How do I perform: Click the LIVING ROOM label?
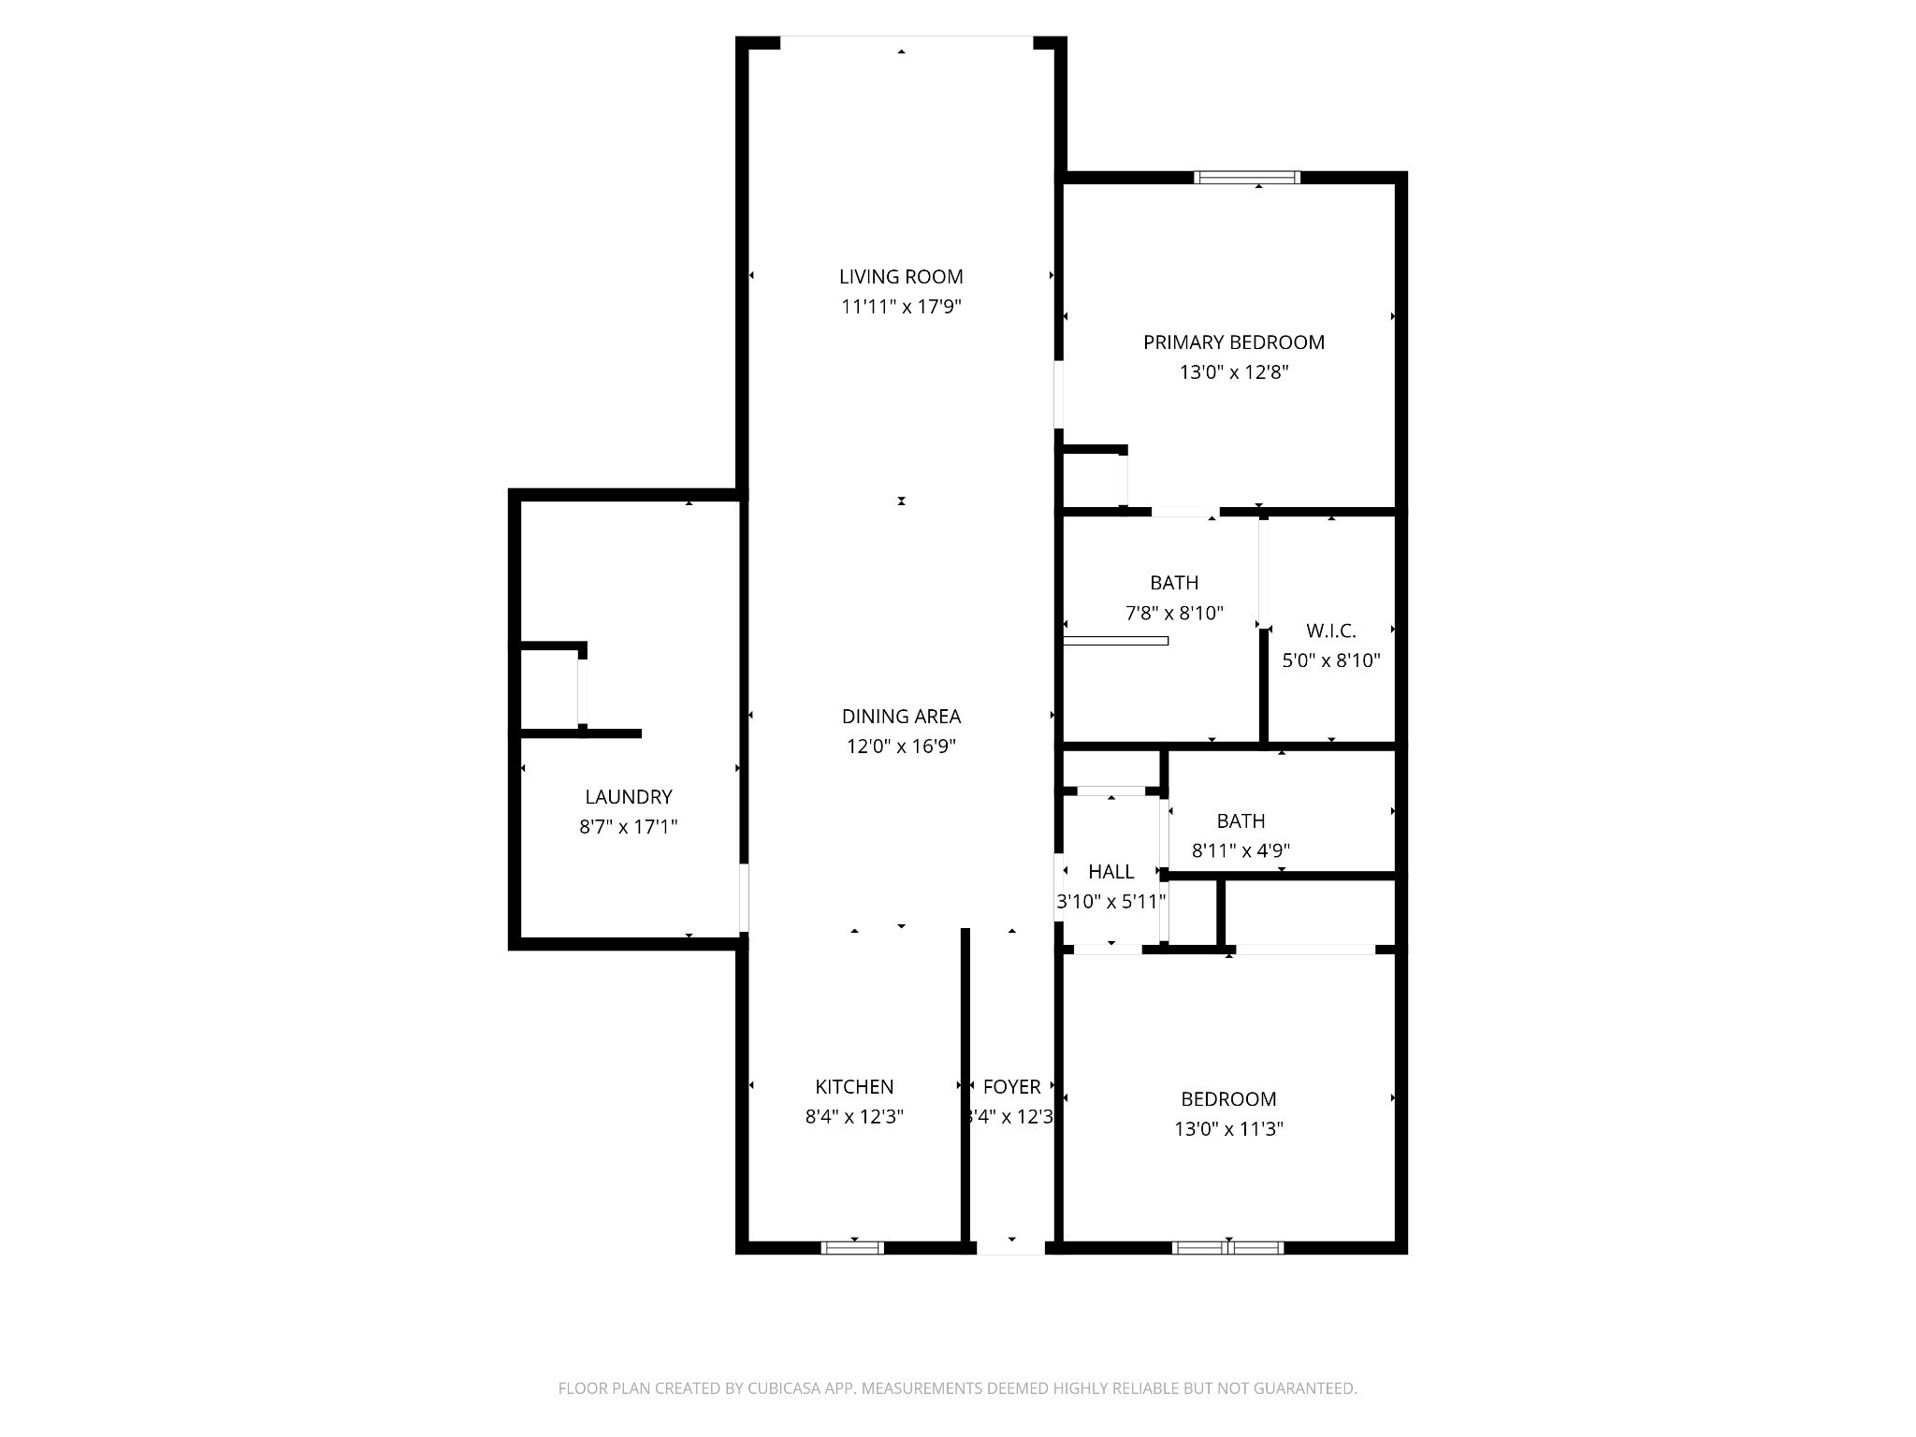pos(900,277)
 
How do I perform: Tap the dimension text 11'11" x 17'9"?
pos(900,307)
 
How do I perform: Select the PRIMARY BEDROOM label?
pos(1233,342)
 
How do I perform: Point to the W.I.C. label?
pos(1330,631)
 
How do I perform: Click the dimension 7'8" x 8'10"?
pos(1173,614)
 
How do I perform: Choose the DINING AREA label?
pos(900,717)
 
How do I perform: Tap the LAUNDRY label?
pos(628,797)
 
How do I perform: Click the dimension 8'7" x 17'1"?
pos(628,827)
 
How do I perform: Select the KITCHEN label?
pos(853,1087)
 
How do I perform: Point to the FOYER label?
pos(1011,1087)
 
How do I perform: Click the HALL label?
pos(1110,872)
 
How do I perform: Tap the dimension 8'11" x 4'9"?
pos(1241,851)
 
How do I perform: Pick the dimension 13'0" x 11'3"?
pos(1227,1129)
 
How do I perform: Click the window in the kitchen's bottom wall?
pos(851,1247)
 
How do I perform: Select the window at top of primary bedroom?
pos(1246,177)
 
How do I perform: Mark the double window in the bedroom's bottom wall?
pos(1227,1247)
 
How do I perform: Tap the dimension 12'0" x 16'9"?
pos(900,747)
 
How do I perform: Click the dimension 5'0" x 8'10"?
pos(1330,660)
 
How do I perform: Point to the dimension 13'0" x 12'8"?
pos(1233,372)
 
